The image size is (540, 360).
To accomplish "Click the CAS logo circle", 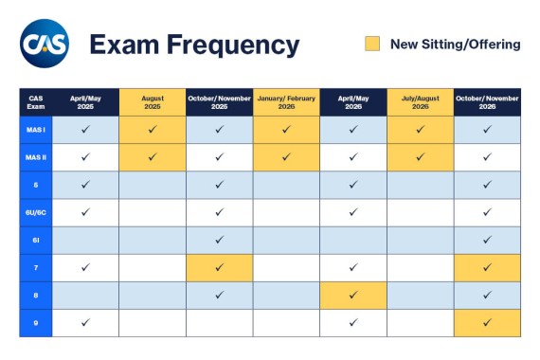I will click(44, 44).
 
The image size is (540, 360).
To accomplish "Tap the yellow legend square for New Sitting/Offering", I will click(372, 44).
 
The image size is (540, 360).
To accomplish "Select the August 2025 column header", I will click(153, 102).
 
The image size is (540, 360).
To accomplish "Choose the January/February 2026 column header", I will click(286, 102).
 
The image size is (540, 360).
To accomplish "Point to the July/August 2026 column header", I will click(420, 102).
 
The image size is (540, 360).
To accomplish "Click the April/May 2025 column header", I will click(86, 102).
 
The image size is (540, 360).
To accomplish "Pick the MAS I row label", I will click(36, 130).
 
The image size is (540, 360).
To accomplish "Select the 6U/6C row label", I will click(36, 212).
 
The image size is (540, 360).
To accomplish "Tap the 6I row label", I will click(36, 240).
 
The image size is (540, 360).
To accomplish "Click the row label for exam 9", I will click(36, 322).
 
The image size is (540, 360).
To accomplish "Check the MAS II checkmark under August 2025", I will click(153, 157).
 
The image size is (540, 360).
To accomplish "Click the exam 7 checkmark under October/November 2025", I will click(219, 267).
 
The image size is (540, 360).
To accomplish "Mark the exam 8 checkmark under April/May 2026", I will click(353, 295).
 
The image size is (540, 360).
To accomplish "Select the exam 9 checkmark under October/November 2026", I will click(487, 322).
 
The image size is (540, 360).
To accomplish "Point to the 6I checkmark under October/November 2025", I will click(219, 240).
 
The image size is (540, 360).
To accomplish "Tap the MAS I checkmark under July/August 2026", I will click(420, 130).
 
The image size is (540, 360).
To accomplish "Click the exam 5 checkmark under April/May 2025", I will click(86, 185).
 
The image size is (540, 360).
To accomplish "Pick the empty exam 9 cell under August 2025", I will click(153, 322).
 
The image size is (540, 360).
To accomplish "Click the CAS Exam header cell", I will click(36, 102).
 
